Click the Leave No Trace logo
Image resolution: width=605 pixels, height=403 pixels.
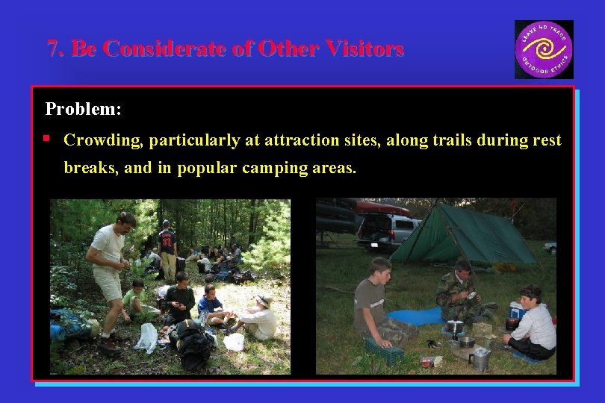pyautogui.click(x=544, y=49)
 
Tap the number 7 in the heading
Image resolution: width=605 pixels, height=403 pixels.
pyautogui.click(x=52, y=49)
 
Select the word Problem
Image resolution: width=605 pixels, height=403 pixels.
pyautogui.click(x=83, y=109)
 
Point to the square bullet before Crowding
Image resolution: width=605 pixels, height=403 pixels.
pyautogui.click(x=47, y=139)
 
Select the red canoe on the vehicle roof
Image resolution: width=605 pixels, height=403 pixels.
pyautogui.click(x=381, y=207)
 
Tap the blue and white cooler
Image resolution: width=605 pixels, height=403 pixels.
pyautogui.click(x=516, y=309)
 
